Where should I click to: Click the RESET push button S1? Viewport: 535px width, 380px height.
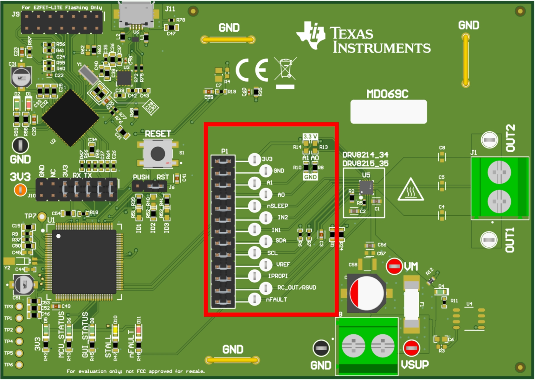[158, 154]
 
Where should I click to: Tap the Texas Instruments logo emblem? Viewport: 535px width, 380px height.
[311, 35]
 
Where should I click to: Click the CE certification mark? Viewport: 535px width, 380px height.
[252, 70]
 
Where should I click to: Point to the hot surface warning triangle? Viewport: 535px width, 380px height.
[411, 191]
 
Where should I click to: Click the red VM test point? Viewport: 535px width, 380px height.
[394, 266]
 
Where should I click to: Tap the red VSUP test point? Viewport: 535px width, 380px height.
[411, 348]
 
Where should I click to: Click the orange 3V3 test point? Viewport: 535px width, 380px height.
[20, 190]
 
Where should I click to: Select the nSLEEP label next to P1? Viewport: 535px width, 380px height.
[277, 206]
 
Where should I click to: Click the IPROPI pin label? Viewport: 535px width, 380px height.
[278, 276]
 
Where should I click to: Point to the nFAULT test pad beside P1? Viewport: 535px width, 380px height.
[254, 299]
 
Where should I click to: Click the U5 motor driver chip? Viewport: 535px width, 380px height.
[366, 187]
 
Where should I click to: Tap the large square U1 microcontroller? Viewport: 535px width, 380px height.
[84, 261]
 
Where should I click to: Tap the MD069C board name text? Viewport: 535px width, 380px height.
[387, 94]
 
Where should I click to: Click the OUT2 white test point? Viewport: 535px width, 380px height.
[489, 140]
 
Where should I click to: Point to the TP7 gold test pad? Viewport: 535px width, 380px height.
[42, 217]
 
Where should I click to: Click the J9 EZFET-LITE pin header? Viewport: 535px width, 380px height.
[61, 22]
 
